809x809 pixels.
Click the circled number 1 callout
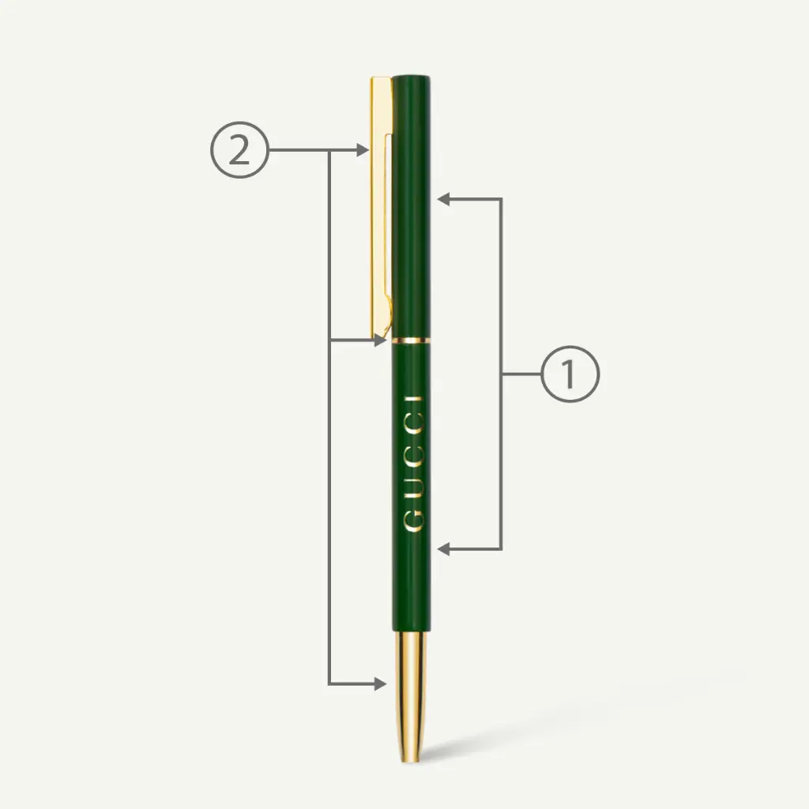[x=570, y=374]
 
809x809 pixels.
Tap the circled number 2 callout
[x=239, y=150]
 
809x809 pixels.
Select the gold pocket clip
[x=382, y=206]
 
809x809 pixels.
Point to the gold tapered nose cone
[x=411, y=697]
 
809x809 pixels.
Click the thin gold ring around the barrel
[x=411, y=341]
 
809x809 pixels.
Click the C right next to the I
[x=413, y=425]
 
